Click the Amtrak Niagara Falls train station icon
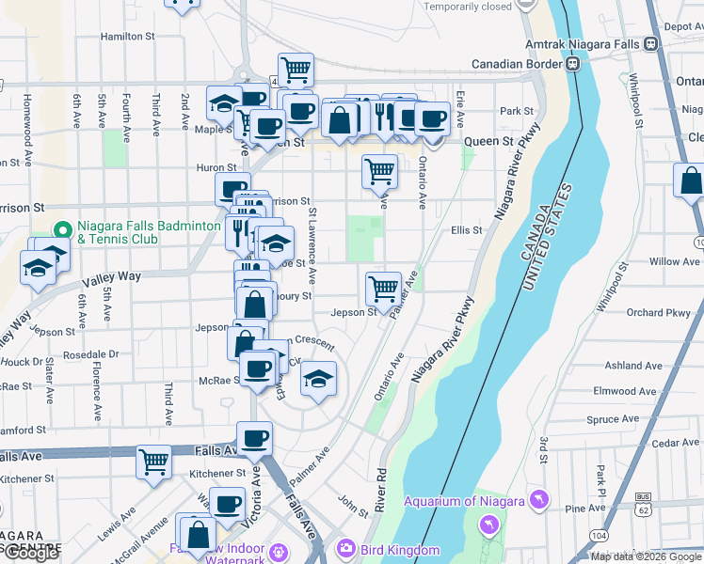pos(650,43)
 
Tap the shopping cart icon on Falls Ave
pos(153,461)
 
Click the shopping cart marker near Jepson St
pos(383,288)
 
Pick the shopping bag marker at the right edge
pos(691,180)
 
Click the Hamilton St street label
pos(128,37)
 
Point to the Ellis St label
pos(466,229)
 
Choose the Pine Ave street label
pos(584,508)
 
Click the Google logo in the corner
pos(31,553)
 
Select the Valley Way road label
pos(111,276)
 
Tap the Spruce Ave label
pos(612,419)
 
